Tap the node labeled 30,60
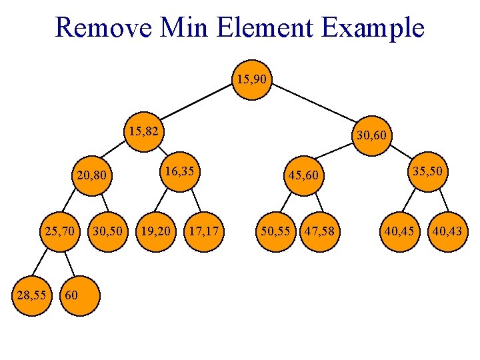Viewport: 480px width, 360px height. point(371,137)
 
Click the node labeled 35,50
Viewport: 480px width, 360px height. point(428,172)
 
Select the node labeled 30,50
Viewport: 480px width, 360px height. point(107,232)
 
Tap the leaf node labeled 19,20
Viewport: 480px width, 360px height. point(155,232)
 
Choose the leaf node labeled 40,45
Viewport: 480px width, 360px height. point(399,232)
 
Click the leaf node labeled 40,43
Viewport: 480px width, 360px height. point(447,232)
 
